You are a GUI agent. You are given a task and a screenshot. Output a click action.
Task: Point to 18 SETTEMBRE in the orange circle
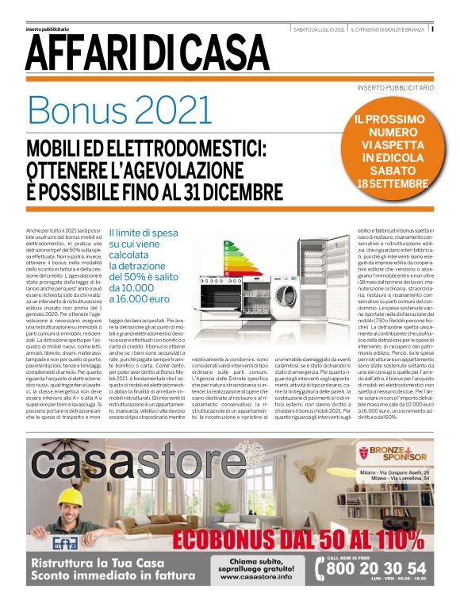(x=393, y=183)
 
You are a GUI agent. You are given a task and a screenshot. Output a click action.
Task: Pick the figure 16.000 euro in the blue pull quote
(x=138, y=300)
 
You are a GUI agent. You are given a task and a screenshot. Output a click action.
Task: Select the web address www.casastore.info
(x=250, y=577)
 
